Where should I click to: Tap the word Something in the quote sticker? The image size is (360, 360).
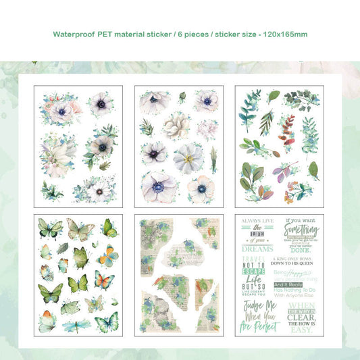tap(300, 230)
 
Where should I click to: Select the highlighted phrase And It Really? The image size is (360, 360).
tap(288, 286)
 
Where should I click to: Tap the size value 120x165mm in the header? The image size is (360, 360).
tap(290, 33)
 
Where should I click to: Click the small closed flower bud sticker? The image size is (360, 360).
tap(181, 98)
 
